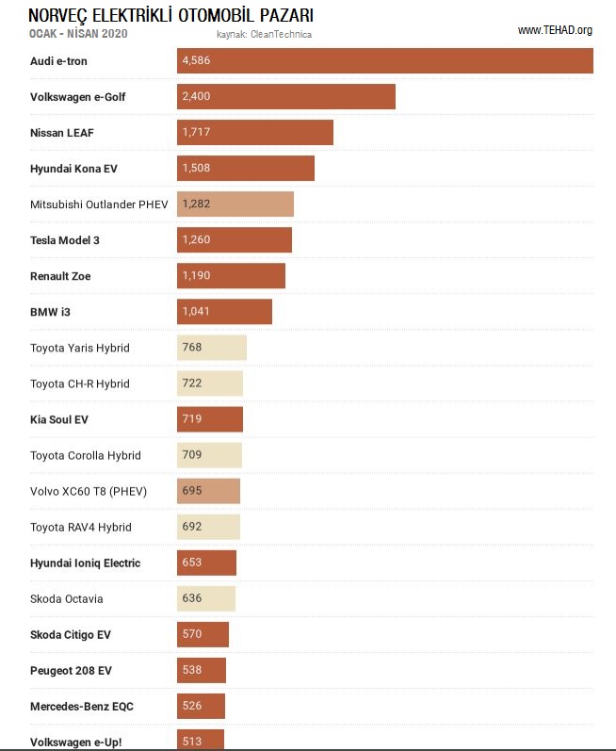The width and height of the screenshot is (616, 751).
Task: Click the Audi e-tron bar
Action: pos(384,61)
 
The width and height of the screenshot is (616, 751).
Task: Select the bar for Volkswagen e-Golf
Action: pos(285,97)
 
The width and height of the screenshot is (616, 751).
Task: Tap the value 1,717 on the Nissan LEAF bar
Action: pos(196,133)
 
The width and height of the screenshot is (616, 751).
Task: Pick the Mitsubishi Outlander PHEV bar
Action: pos(235,204)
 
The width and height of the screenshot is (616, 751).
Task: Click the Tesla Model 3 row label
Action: pos(78,240)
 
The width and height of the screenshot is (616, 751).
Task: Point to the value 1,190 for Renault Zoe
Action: pos(196,276)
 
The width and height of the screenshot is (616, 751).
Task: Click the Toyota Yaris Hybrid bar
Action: pos(212,348)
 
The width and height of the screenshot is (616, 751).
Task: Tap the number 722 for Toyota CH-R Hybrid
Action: pos(192,384)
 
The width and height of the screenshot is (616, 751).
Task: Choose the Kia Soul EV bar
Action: pos(210,419)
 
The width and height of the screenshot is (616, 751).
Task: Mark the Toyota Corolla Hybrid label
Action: pos(86,455)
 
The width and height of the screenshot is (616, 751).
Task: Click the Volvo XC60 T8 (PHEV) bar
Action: pos(208,491)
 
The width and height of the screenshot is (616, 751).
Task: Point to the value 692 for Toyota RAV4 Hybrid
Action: pos(192,527)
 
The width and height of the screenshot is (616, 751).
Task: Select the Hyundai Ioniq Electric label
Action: pos(86,563)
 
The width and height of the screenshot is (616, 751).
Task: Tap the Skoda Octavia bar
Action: pos(206,598)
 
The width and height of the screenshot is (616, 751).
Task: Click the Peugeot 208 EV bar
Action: pos(202,670)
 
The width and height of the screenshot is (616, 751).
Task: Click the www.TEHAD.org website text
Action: pos(555,30)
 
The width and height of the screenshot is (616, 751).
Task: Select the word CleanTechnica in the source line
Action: pos(281,35)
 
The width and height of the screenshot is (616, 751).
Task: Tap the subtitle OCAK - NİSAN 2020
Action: pos(79,34)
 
